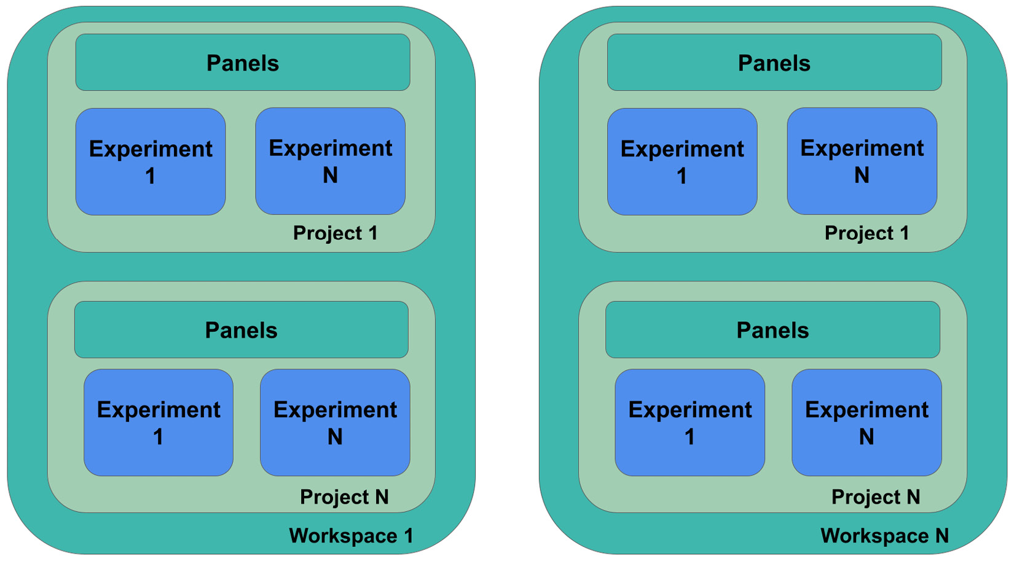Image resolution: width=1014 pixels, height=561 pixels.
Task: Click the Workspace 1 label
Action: coord(352,536)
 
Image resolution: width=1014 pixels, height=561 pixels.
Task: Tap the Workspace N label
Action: coord(884,536)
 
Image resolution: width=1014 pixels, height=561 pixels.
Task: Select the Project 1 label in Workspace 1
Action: coord(335,233)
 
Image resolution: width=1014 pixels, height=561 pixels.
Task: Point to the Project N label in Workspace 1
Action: coord(344,497)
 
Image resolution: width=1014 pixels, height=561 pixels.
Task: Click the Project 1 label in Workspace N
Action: coord(867,233)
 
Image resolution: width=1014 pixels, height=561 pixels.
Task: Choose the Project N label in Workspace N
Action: coord(876,497)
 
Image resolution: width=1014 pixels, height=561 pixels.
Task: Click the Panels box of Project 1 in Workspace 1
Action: coord(243,63)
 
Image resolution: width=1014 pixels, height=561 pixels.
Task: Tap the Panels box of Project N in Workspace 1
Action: coord(242,329)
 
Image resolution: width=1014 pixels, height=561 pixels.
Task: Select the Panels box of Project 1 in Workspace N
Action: coord(774,63)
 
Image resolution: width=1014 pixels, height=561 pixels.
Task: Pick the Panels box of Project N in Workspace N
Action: coord(772,329)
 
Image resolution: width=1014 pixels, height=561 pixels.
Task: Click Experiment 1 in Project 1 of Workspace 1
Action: coord(151,162)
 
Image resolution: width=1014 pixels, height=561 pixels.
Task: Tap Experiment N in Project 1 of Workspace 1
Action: coord(331,161)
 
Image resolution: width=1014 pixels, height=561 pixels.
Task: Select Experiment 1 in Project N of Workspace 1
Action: coord(159,423)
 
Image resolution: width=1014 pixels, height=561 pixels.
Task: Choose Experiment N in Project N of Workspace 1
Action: coord(335,423)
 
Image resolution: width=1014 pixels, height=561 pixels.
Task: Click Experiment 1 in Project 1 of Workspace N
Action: coord(682,162)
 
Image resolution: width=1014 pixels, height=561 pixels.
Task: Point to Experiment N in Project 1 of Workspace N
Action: coord(862,161)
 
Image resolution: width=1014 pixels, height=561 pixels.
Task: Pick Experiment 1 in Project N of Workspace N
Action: coord(690,423)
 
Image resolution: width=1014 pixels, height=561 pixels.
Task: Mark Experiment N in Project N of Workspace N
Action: coord(867,423)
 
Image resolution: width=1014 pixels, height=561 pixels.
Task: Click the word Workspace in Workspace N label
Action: coord(874,536)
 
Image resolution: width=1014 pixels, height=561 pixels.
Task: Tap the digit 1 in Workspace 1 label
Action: coord(409,536)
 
